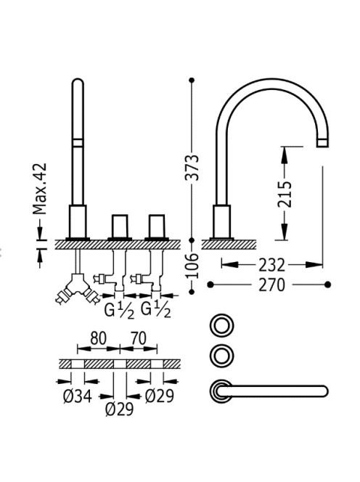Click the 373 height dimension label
click(193, 168)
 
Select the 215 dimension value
click(285, 195)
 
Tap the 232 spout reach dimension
click(271, 265)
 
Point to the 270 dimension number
click(271, 285)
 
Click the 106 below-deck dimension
click(193, 266)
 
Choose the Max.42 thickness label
click(40, 189)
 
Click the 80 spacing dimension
click(99, 338)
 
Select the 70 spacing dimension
click(139, 338)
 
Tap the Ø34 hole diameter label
click(78, 396)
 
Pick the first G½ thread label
click(119, 310)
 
